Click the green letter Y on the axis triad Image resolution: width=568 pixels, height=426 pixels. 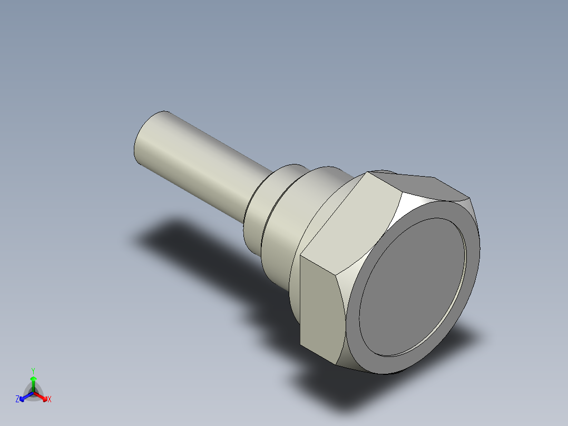[33, 370]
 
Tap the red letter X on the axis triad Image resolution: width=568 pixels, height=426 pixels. [49, 400]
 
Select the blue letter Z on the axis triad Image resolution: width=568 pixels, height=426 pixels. [17, 400]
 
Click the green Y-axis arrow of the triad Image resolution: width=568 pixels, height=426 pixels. [33, 382]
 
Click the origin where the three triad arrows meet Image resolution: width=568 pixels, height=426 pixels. [33, 393]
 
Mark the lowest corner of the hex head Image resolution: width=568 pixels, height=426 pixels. [337, 364]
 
